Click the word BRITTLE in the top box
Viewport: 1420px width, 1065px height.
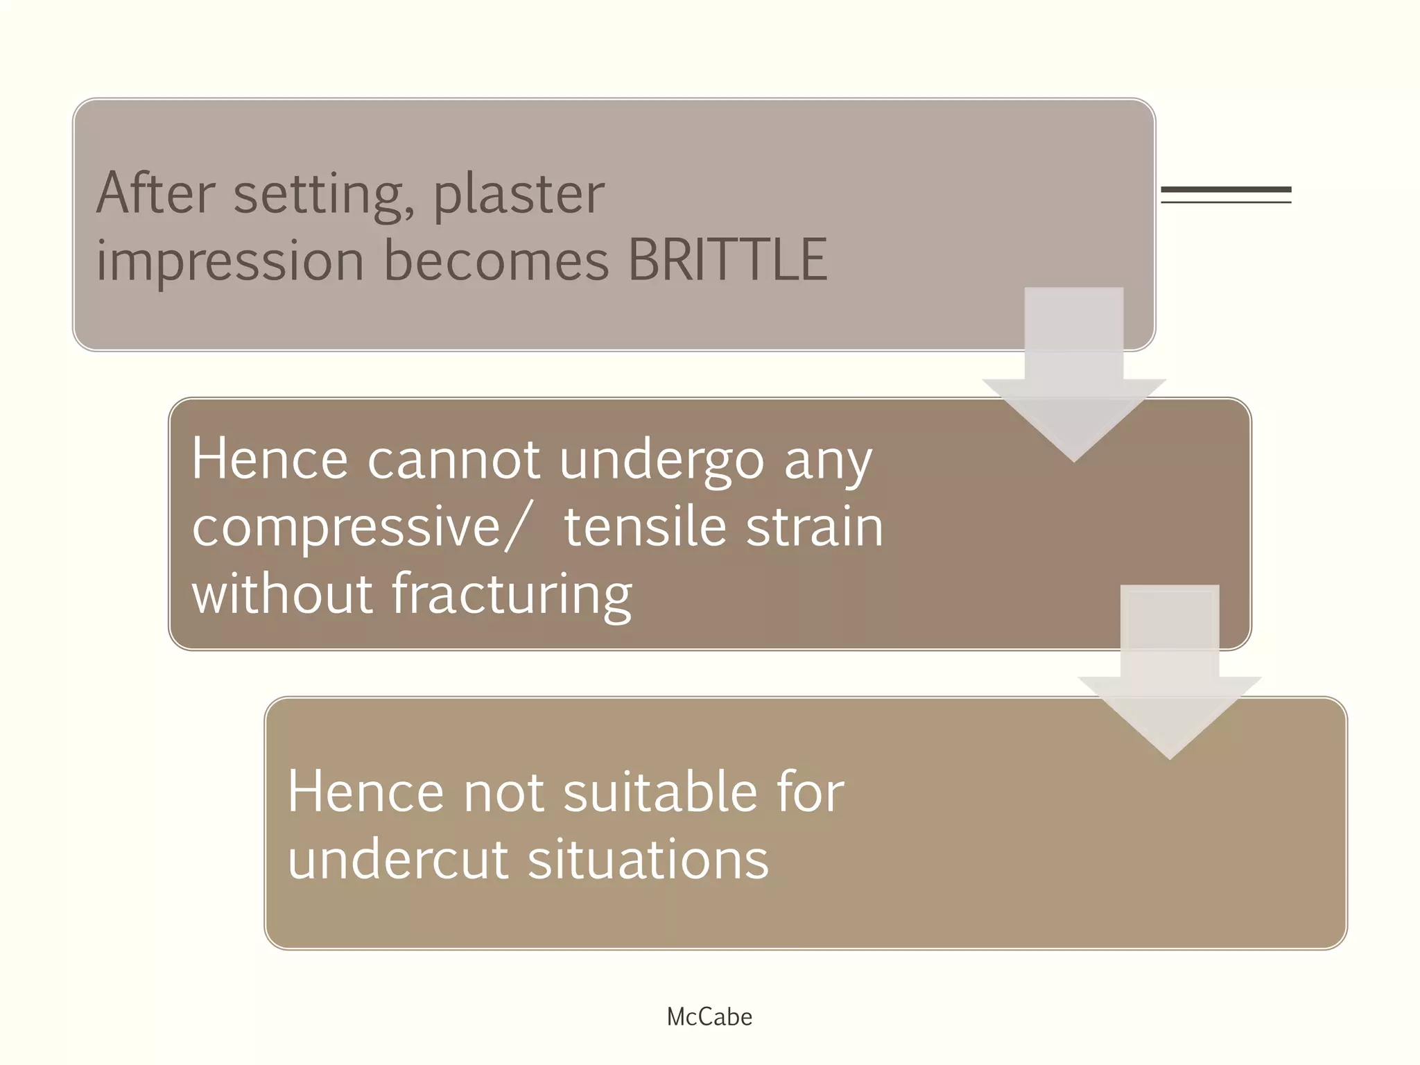(727, 260)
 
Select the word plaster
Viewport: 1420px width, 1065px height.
(519, 196)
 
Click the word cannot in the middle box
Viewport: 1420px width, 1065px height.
(453, 459)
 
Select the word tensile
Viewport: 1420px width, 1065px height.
(646, 526)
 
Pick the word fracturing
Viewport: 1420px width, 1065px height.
(512, 595)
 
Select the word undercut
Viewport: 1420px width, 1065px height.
(398, 860)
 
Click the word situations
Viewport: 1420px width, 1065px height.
(648, 860)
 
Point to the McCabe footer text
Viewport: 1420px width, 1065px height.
(709, 1017)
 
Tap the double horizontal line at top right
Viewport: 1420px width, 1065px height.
(1226, 195)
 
